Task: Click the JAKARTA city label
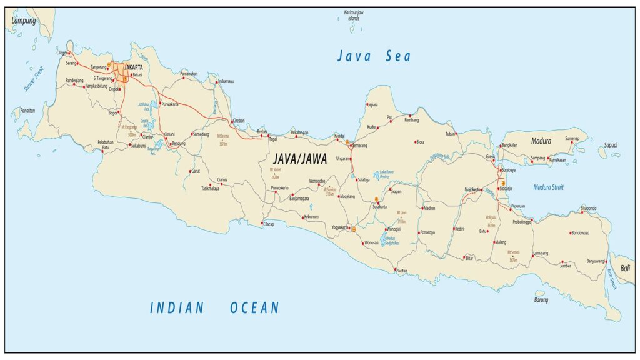(x=134, y=67)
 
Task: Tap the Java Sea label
(x=374, y=57)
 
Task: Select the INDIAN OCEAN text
(x=214, y=307)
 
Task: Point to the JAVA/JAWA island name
(x=300, y=159)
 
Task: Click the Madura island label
(x=541, y=141)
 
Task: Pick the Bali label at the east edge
(x=625, y=268)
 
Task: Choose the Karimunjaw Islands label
(x=353, y=16)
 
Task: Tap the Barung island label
(x=541, y=300)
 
